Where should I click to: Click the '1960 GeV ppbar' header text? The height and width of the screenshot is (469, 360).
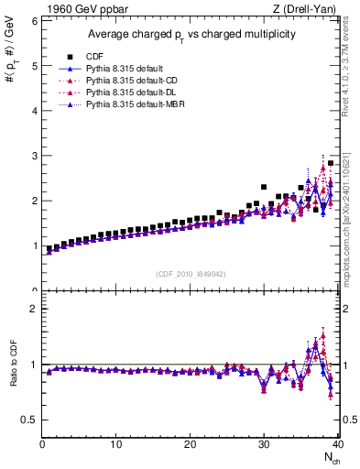(81, 9)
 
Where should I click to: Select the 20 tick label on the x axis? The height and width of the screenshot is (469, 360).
(190, 444)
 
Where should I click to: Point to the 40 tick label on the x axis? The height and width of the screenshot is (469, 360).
(338, 444)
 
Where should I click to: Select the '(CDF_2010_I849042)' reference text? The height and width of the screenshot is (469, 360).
(191, 273)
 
